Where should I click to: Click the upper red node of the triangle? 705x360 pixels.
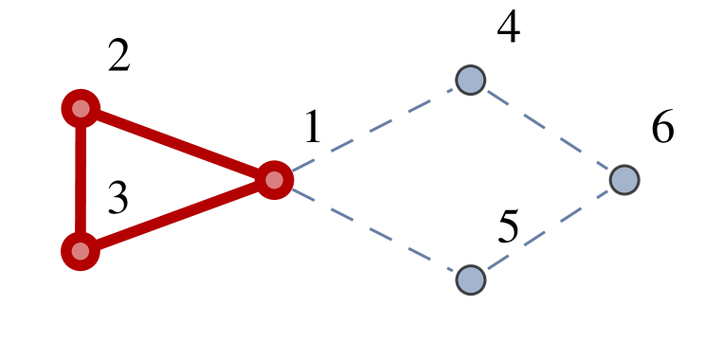[x=81, y=109]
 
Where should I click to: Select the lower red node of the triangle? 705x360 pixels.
[x=81, y=251]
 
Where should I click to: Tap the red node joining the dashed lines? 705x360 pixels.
[x=274, y=180]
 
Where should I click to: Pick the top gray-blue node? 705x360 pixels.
[x=470, y=81]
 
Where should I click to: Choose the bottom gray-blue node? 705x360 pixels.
[x=470, y=279]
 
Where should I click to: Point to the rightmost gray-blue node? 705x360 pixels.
[x=624, y=180]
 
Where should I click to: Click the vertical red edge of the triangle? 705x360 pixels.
[x=81, y=180]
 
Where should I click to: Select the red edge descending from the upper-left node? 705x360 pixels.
[x=177, y=144]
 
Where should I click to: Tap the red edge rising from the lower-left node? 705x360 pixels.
[x=177, y=216]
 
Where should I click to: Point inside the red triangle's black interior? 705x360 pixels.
[x=142, y=180]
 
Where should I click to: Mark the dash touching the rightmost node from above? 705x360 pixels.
[x=603, y=167]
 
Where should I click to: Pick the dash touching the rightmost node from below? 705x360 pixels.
[x=603, y=194]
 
